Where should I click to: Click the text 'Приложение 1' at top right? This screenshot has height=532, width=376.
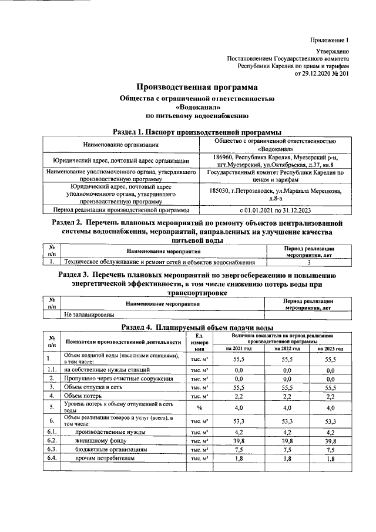(330, 41)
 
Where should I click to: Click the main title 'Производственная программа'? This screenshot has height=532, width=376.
(189, 88)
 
